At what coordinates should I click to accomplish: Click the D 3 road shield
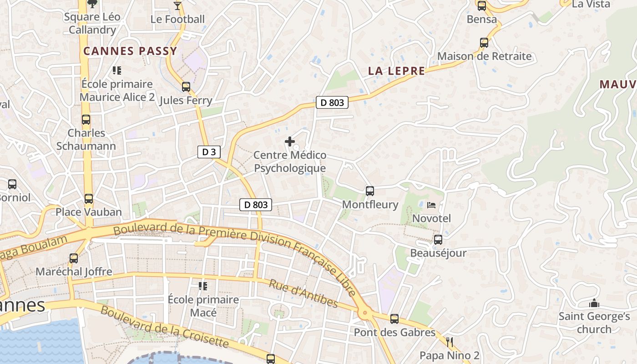click(x=209, y=152)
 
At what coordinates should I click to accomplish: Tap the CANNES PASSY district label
click(x=130, y=51)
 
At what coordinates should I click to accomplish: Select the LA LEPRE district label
click(x=396, y=71)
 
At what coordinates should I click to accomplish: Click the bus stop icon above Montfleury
click(x=370, y=191)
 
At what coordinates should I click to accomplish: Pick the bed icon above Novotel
click(x=431, y=205)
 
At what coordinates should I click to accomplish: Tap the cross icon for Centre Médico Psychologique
click(x=289, y=142)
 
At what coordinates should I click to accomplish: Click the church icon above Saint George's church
click(x=594, y=303)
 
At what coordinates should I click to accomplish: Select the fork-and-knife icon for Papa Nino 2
click(x=450, y=342)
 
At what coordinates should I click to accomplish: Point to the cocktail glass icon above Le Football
click(x=177, y=6)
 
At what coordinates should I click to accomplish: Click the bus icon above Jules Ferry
click(x=186, y=87)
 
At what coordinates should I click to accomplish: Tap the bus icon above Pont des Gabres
click(x=394, y=319)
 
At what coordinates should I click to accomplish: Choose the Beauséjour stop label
click(x=438, y=253)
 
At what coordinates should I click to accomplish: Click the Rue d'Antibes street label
click(x=303, y=294)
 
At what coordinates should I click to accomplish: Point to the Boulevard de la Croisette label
click(x=164, y=327)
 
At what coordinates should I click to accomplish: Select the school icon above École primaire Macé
click(x=203, y=286)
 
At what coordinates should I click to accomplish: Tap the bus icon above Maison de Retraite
click(x=484, y=43)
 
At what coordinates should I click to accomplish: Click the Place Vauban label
click(x=89, y=212)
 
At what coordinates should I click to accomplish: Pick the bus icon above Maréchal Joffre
click(x=74, y=258)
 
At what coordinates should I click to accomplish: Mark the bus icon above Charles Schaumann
click(x=86, y=120)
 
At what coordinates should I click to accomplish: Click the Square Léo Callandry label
click(x=92, y=24)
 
